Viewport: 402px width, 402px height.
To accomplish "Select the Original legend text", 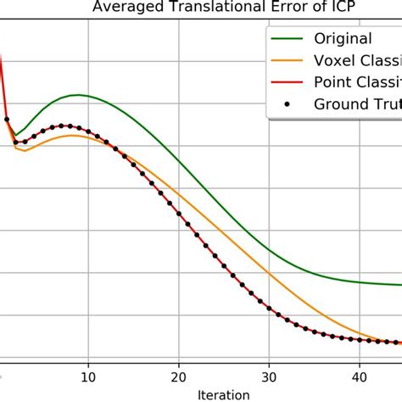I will click(343, 38).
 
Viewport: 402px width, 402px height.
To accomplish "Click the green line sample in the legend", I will click(287, 38).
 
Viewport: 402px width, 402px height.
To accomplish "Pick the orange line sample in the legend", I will click(287, 60).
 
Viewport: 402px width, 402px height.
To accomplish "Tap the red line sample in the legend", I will click(287, 82).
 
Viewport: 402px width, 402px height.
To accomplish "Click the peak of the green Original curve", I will click(78, 95).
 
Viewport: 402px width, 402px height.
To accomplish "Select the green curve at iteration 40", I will click(359, 282).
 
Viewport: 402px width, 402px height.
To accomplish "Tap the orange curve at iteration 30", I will click(269, 273).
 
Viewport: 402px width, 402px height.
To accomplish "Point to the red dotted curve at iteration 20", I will click(179, 215).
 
